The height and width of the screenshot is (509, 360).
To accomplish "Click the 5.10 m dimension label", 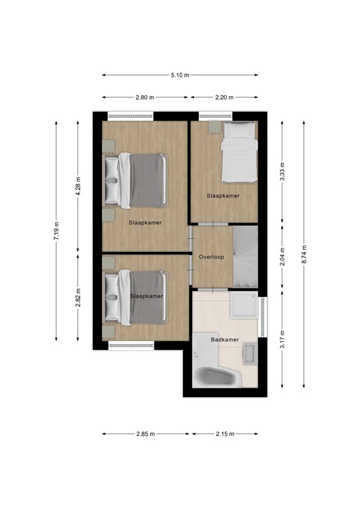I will coord(180,76).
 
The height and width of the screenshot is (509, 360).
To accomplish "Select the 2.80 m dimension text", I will coord(145,97).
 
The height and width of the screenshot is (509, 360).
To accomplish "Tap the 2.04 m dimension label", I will coord(282,256).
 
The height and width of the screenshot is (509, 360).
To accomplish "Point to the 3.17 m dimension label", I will coord(282,339).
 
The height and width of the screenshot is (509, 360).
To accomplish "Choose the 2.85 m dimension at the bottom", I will coord(145,434).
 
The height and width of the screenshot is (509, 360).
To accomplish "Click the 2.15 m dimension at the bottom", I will coord(225,434).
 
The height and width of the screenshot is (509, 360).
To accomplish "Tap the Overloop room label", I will coord(211,256).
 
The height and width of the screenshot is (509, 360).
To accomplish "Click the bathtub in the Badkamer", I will coord(214,376).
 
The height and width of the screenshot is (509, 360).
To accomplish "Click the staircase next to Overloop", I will coord(245,257).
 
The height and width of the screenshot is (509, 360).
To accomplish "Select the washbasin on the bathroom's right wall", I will coord(250,353).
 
